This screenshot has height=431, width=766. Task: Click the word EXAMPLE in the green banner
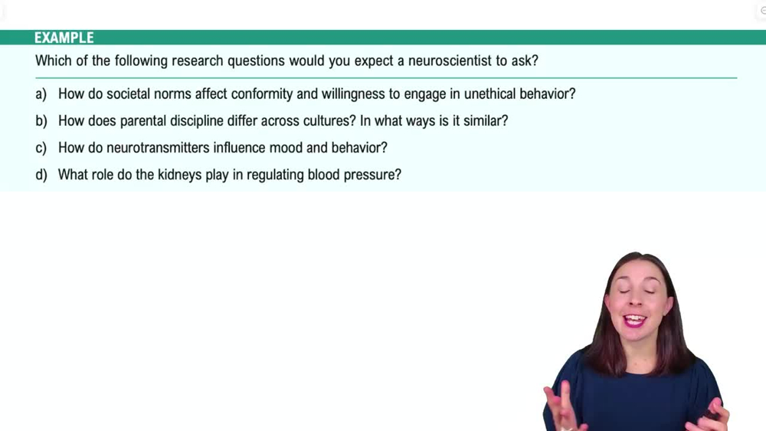[64, 38]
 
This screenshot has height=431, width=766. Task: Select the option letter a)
[41, 94]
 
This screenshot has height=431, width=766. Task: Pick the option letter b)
[41, 121]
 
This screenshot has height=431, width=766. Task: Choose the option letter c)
[41, 148]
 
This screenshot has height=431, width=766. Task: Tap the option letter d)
[41, 175]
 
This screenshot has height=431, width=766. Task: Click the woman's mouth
[634, 321]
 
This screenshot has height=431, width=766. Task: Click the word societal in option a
[128, 94]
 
